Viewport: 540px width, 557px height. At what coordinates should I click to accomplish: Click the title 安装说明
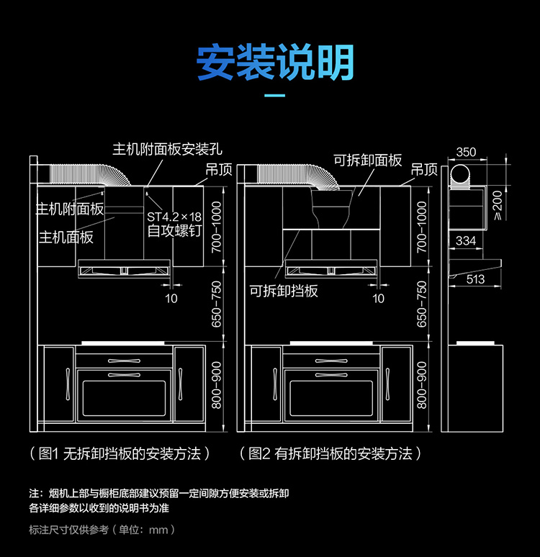click(x=276, y=63)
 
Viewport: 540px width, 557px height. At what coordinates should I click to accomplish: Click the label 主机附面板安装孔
click(x=167, y=150)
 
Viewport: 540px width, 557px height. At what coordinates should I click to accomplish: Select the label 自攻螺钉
click(x=176, y=232)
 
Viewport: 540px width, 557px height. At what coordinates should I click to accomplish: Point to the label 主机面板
click(x=66, y=237)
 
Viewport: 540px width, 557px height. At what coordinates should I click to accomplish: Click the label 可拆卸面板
click(x=367, y=160)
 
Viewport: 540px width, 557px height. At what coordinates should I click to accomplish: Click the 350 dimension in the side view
click(x=466, y=152)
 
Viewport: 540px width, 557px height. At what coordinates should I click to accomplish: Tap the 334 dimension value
click(x=466, y=240)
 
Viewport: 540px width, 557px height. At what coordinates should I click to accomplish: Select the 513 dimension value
click(x=475, y=279)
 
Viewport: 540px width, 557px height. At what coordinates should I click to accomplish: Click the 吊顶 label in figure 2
click(x=424, y=170)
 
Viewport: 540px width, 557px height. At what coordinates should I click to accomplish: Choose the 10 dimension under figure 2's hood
click(x=379, y=298)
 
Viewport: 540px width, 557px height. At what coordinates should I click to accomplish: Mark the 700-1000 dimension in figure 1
click(x=217, y=227)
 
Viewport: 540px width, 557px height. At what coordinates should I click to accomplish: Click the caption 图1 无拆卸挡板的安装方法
click(x=120, y=453)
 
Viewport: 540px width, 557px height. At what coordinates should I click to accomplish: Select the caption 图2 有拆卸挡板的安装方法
click(x=330, y=453)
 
